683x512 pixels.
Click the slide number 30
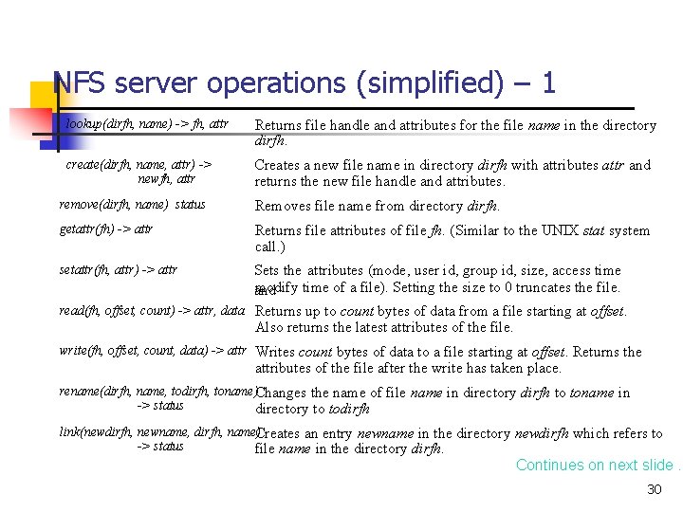654,489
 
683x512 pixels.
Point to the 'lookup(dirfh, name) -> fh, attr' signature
147,124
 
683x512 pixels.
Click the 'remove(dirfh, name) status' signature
132,205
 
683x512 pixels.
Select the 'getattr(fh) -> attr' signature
106,229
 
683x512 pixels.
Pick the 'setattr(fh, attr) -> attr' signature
118,270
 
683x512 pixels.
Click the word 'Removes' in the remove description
282,206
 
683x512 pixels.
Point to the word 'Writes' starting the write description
275,352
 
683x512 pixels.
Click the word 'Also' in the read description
270,327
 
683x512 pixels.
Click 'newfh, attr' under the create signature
166,177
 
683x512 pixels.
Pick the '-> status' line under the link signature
160,447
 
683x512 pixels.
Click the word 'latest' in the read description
376,327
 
